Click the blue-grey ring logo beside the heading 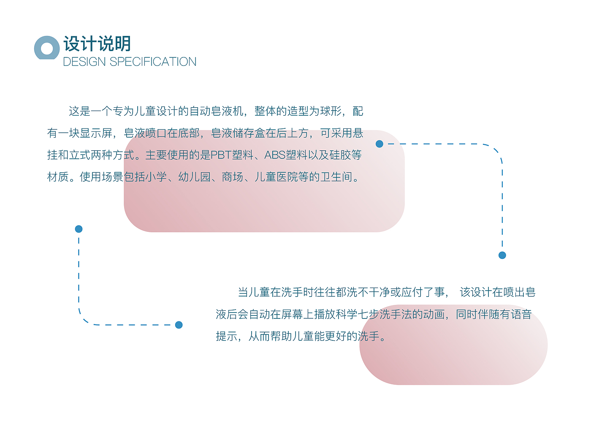[46, 48]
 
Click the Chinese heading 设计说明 [97, 44]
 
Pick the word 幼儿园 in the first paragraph [194, 177]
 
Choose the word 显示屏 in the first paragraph [96, 133]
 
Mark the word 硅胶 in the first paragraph [340, 155]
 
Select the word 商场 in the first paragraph [233, 177]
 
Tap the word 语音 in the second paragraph [521, 314]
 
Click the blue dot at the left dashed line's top [79, 229]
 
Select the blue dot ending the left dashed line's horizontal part [179, 325]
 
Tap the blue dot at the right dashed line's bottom [502, 255]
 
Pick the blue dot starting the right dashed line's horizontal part [379, 144]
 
